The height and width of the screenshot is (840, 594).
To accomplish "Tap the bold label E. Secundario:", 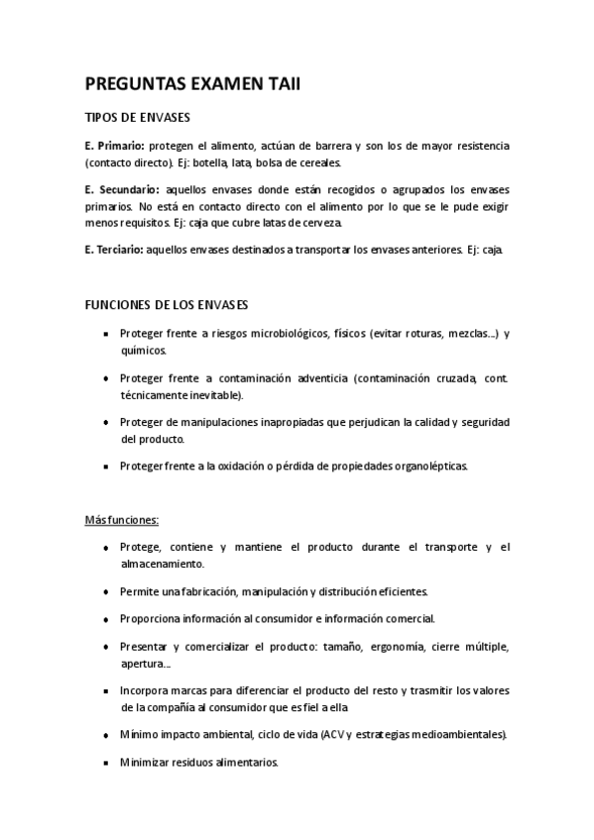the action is pyautogui.click(x=124, y=188).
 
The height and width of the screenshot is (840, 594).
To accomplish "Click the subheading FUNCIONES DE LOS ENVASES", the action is pyautogui.click(x=167, y=303).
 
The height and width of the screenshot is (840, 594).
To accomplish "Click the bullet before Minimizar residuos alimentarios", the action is pyautogui.click(x=106, y=763).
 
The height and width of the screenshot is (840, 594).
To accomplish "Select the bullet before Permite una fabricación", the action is pyautogui.click(x=106, y=591).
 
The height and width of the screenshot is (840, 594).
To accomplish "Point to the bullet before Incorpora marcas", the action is pyautogui.click(x=106, y=691).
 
